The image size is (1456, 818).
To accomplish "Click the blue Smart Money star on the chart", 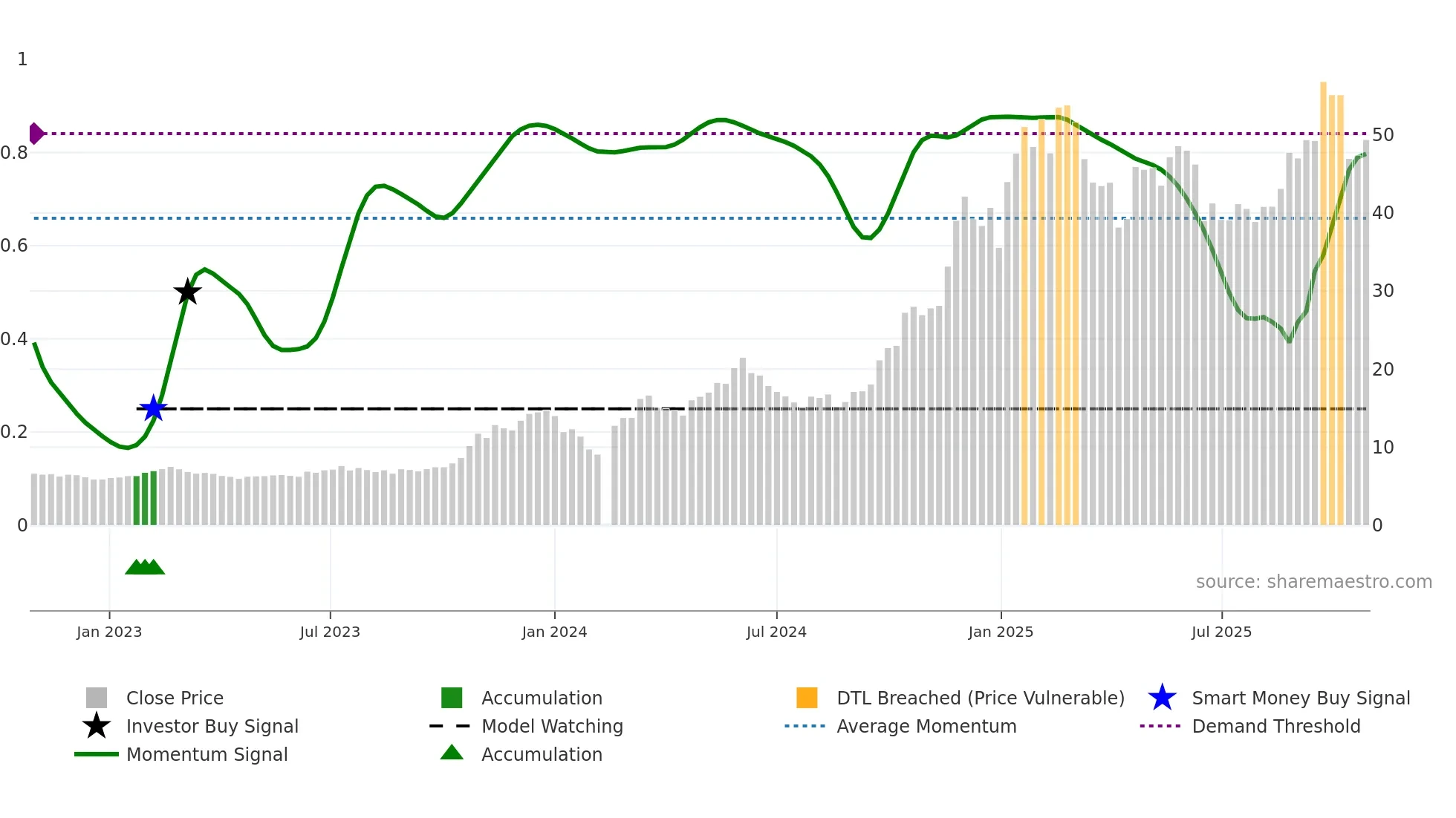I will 153,408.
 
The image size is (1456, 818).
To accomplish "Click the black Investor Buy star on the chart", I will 187,292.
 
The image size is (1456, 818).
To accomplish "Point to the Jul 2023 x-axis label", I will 330,632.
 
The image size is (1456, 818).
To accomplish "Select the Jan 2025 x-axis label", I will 1001,632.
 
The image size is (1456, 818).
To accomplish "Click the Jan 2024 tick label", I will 554,632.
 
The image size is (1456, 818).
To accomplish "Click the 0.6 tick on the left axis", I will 15,246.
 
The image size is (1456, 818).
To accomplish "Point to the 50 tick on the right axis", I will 1382,135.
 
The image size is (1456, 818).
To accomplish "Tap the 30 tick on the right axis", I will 1382,291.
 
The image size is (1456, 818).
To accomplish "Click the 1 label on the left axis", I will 22,59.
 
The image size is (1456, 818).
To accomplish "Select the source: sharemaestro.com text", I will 1313,582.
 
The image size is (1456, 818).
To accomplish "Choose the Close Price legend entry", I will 175,698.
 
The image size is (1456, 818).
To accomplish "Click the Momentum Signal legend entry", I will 207,755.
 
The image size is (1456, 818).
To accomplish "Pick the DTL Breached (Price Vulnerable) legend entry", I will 980,698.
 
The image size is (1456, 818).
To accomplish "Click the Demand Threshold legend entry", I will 1275,727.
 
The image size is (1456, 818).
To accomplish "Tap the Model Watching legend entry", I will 552,727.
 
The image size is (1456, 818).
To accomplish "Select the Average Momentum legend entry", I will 926,727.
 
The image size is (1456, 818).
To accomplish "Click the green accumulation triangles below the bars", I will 145,567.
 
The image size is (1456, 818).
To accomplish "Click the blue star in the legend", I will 1162,698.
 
